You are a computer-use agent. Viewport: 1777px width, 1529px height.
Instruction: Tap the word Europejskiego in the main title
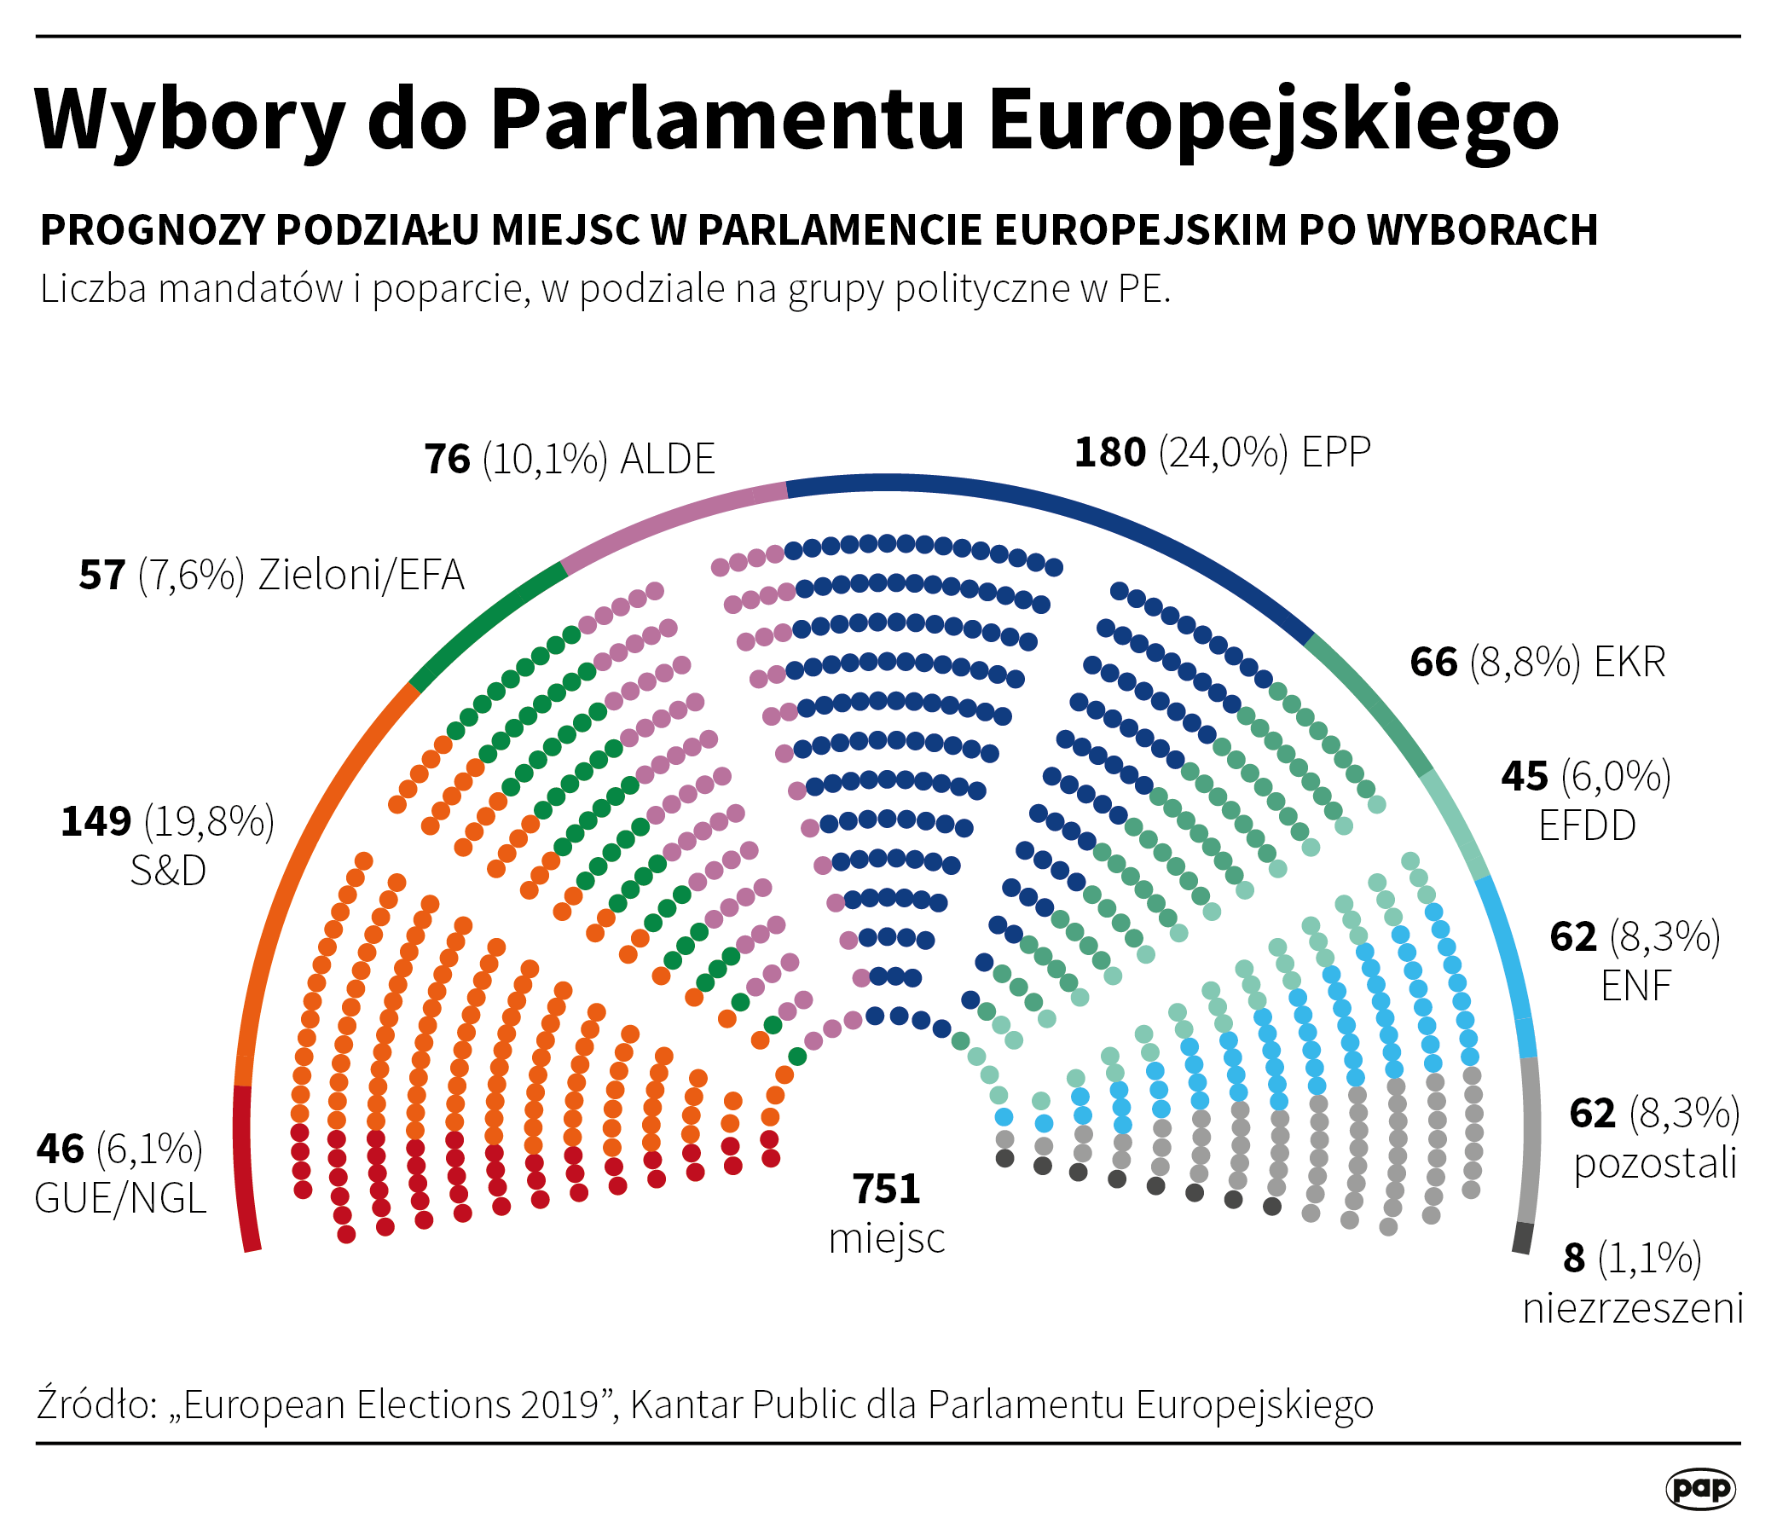1273,120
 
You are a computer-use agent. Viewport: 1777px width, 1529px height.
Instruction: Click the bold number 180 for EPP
1109,453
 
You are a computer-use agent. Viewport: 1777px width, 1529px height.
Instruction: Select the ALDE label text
668,460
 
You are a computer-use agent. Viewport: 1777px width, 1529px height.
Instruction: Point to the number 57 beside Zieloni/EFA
102,576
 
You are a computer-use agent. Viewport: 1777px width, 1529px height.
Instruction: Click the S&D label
168,872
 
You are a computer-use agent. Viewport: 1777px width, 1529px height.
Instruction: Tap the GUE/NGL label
120,1199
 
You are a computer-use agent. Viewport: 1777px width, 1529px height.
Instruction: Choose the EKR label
1629,663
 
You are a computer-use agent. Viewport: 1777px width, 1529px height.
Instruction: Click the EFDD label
1587,826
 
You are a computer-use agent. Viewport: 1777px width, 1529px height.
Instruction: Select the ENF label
1635,986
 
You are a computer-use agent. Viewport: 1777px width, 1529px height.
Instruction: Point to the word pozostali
1655,1164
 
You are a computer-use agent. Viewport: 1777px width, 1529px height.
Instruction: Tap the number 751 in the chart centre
886,1190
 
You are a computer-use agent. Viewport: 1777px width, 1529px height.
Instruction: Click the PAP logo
1699,1488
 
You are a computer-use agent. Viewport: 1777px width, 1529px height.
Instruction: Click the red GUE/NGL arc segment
244,1171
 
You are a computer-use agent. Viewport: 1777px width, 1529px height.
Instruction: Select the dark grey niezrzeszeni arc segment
1521,1237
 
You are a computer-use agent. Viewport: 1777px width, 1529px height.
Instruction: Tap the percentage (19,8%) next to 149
209,822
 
